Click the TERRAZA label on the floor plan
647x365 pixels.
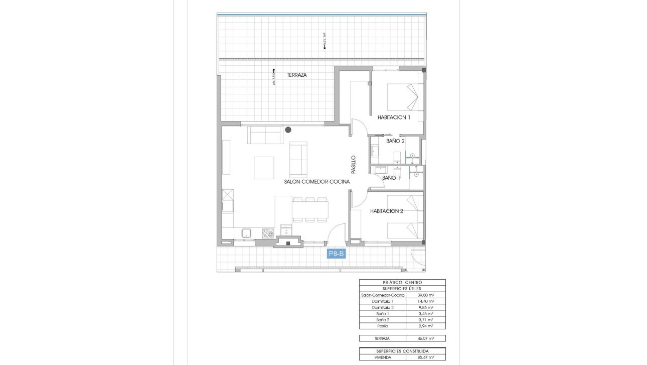tap(296, 75)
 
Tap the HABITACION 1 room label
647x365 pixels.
tap(394, 117)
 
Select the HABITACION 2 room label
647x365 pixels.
tap(387, 211)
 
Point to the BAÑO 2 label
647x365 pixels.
tap(395, 141)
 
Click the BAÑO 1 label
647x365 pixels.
tap(391, 178)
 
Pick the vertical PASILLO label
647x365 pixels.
tap(353, 164)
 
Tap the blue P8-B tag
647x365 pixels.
tap(336, 254)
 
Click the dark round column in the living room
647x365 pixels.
tap(288, 130)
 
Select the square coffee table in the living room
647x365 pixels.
tap(264, 168)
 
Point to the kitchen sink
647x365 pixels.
tap(246, 233)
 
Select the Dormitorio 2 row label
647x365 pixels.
tap(383, 307)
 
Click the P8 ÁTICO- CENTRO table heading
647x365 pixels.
tap(402, 283)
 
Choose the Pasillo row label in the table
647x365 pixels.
tap(383, 326)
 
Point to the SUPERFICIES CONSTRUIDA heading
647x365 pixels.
tap(402, 351)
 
